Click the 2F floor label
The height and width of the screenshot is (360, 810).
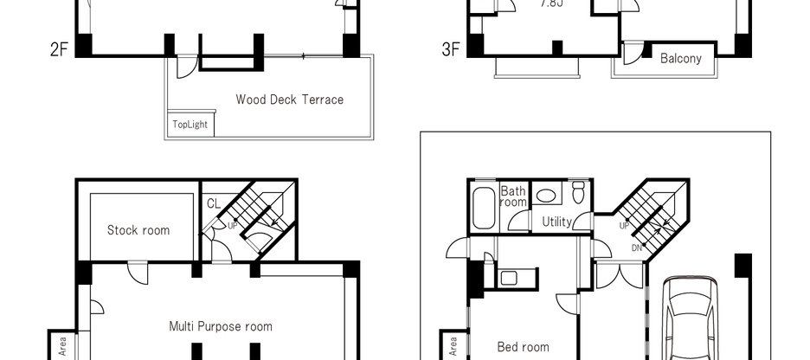59,49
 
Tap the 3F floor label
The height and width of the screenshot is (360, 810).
450,49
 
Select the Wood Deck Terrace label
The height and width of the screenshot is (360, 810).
289,100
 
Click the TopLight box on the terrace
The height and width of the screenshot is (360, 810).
190,125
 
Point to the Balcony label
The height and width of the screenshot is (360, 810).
680,59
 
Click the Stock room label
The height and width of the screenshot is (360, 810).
138,230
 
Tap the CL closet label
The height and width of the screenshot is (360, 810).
214,204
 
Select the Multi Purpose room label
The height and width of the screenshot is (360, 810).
220,326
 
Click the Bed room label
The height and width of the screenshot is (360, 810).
523,346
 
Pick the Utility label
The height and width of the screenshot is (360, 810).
556,222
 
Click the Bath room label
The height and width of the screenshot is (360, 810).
513,196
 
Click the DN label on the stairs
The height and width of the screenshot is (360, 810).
637,248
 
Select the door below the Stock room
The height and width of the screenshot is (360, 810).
138,272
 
